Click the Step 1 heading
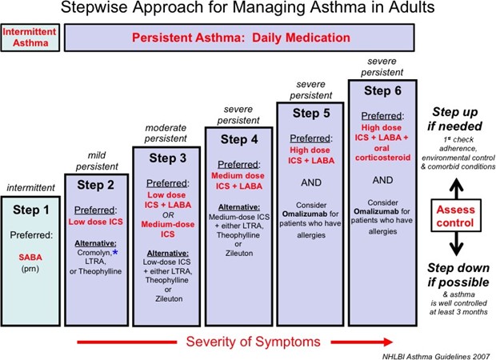tap(31, 210)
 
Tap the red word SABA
tap(30, 257)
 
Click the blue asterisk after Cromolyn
tap(115, 252)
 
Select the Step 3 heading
tap(168, 158)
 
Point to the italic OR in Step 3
tap(168, 215)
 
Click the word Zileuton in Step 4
tap(239, 253)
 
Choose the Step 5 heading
tap(311, 114)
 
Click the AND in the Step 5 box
tap(311, 182)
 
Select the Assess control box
tap(456, 216)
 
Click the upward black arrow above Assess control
tap(456, 188)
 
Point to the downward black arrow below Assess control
tap(456, 243)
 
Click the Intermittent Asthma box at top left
tap(30, 38)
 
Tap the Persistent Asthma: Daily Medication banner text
tap(241, 38)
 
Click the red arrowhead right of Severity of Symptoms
tap(388, 342)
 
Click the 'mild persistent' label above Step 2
tap(97, 161)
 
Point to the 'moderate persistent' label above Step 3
tap(166, 133)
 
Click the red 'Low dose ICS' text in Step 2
tap(95, 222)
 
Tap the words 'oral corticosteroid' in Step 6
tap(382, 153)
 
